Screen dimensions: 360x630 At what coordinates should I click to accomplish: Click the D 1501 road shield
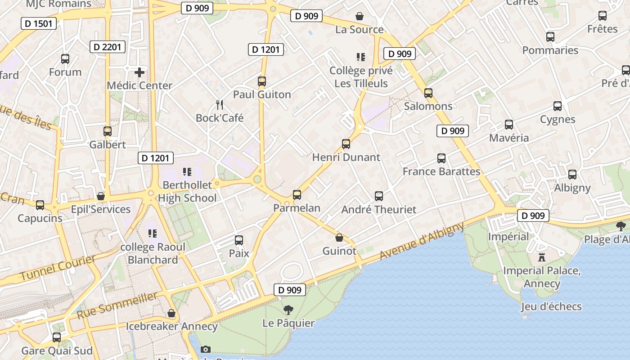pyautogui.click(x=39, y=23)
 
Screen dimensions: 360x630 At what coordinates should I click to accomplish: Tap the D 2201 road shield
pyautogui.click(x=107, y=47)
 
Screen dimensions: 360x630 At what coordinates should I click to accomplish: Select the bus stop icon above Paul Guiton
pyautogui.click(x=262, y=81)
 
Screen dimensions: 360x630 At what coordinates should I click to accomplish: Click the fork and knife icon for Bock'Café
pyautogui.click(x=220, y=105)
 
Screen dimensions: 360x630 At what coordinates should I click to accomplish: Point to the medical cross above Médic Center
pyautogui.click(x=139, y=72)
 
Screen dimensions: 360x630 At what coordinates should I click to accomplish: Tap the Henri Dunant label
pyautogui.click(x=346, y=157)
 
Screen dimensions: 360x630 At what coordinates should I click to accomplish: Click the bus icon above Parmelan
pyautogui.click(x=297, y=195)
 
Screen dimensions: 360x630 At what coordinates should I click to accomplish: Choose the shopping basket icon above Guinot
pyautogui.click(x=339, y=238)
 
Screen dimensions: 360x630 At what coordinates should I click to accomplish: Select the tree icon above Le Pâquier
pyautogui.click(x=288, y=310)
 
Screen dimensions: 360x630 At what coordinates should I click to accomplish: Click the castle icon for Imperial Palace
pyautogui.click(x=542, y=257)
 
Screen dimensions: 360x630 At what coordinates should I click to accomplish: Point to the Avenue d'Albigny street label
pyautogui.click(x=422, y=241)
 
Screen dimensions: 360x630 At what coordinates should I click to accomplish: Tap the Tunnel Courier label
pyautogui.click(x=58, y=268)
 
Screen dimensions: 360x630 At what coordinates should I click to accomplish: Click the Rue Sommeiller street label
pyautogui.click(x=117, y=305)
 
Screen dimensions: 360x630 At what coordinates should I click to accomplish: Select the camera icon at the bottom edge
pyautogui.click(x=206, y=349)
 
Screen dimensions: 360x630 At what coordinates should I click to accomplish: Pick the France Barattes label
pyautogui.click(x=441, y=171)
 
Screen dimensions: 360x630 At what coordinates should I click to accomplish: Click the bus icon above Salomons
pyautogui.click(x=428, y=93)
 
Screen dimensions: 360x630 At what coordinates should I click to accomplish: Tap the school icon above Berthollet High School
pyautogui.click(x=187, y=171)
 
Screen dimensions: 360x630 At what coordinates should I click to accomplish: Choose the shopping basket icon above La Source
pyautogui.click(x=360, y=17)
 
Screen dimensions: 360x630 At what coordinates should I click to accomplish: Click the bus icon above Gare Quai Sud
pyautogui.click(x=57, y=337)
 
